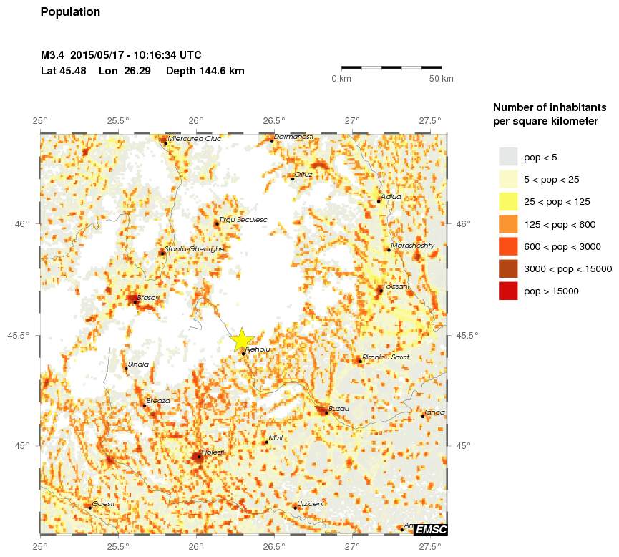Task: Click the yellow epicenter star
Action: click(x=242, y=339)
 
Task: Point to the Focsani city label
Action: click(x=396, y=286)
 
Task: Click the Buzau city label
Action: click(x=338, y=408)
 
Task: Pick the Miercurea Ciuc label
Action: click(x=194, y=139)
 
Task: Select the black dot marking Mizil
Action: click(x=266, y=442)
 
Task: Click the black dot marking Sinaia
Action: click(x=126, y=368)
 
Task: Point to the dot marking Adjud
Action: click(x=379, y=201)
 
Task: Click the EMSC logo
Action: click(x=431, y=530)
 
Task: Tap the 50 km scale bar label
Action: click(x=441, y=79)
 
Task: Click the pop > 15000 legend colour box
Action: click(x=508, y=291)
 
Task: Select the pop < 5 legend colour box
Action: click(x=508, y=157)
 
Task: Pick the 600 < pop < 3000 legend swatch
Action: click(x=508, y=246)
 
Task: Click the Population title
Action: click(x=71, y=12)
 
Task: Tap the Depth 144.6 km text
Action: click(x=205, y=71)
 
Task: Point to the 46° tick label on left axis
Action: click(x=24, y=224)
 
